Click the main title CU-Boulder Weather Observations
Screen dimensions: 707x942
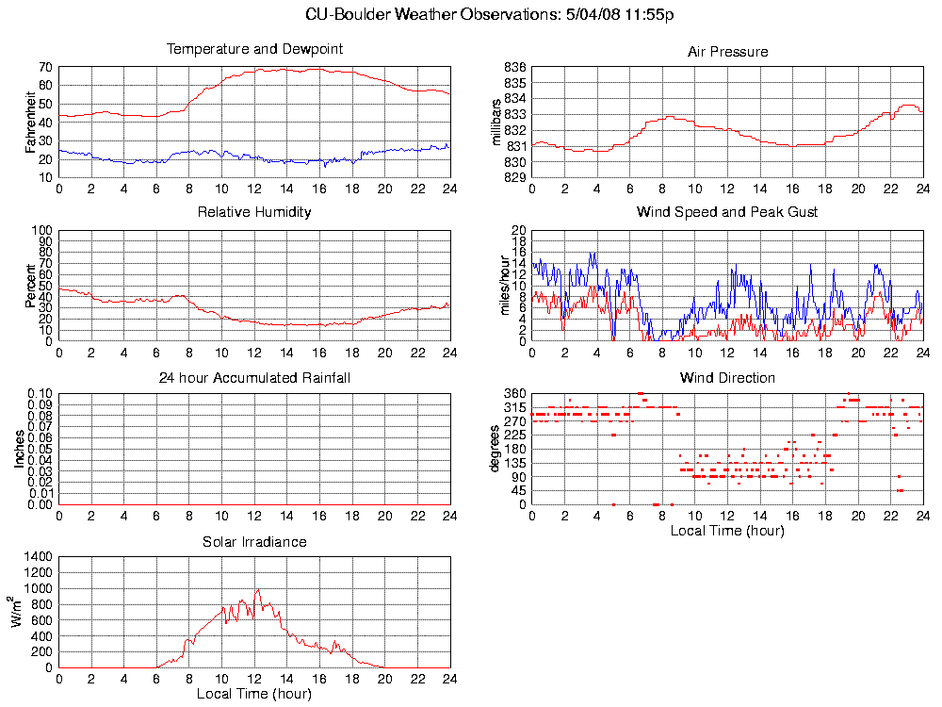490,14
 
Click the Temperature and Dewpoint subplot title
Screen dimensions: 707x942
254,49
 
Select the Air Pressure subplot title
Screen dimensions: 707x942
727,52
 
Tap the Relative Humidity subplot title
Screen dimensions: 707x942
254,212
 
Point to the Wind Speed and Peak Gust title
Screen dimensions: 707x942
727,212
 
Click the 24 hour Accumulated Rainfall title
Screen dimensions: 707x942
254,378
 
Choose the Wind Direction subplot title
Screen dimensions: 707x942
727,378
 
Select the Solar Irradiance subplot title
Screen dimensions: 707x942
254,542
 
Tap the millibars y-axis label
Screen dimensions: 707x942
498,121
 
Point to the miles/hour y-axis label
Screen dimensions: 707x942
505,285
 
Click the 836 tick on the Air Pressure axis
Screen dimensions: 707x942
515,68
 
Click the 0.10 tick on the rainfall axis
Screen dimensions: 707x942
40,393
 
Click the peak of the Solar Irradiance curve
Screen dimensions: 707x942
257,590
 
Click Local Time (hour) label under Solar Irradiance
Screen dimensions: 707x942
254,695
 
